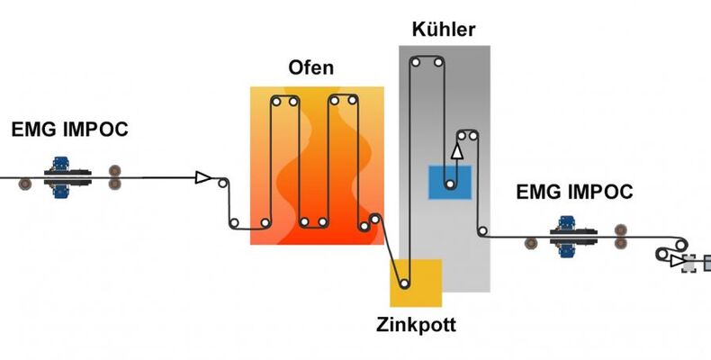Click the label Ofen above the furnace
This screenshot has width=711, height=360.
[x=310, y=68]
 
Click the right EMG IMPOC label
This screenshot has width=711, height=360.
[x=574, y=192]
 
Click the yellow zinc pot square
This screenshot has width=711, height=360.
[x=416, y=283]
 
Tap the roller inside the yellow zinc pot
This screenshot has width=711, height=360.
[x=405, y=284]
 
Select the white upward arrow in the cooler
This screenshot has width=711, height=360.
[x=457, y=149]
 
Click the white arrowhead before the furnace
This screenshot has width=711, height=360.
[x=204, y=177]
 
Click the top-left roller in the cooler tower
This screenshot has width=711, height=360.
[x=416, y=62]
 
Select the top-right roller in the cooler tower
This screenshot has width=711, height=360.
[x=437, y=62]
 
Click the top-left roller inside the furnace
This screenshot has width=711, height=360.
[x=278, y=103]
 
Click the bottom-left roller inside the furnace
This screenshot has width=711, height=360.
[x=265, y=223]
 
